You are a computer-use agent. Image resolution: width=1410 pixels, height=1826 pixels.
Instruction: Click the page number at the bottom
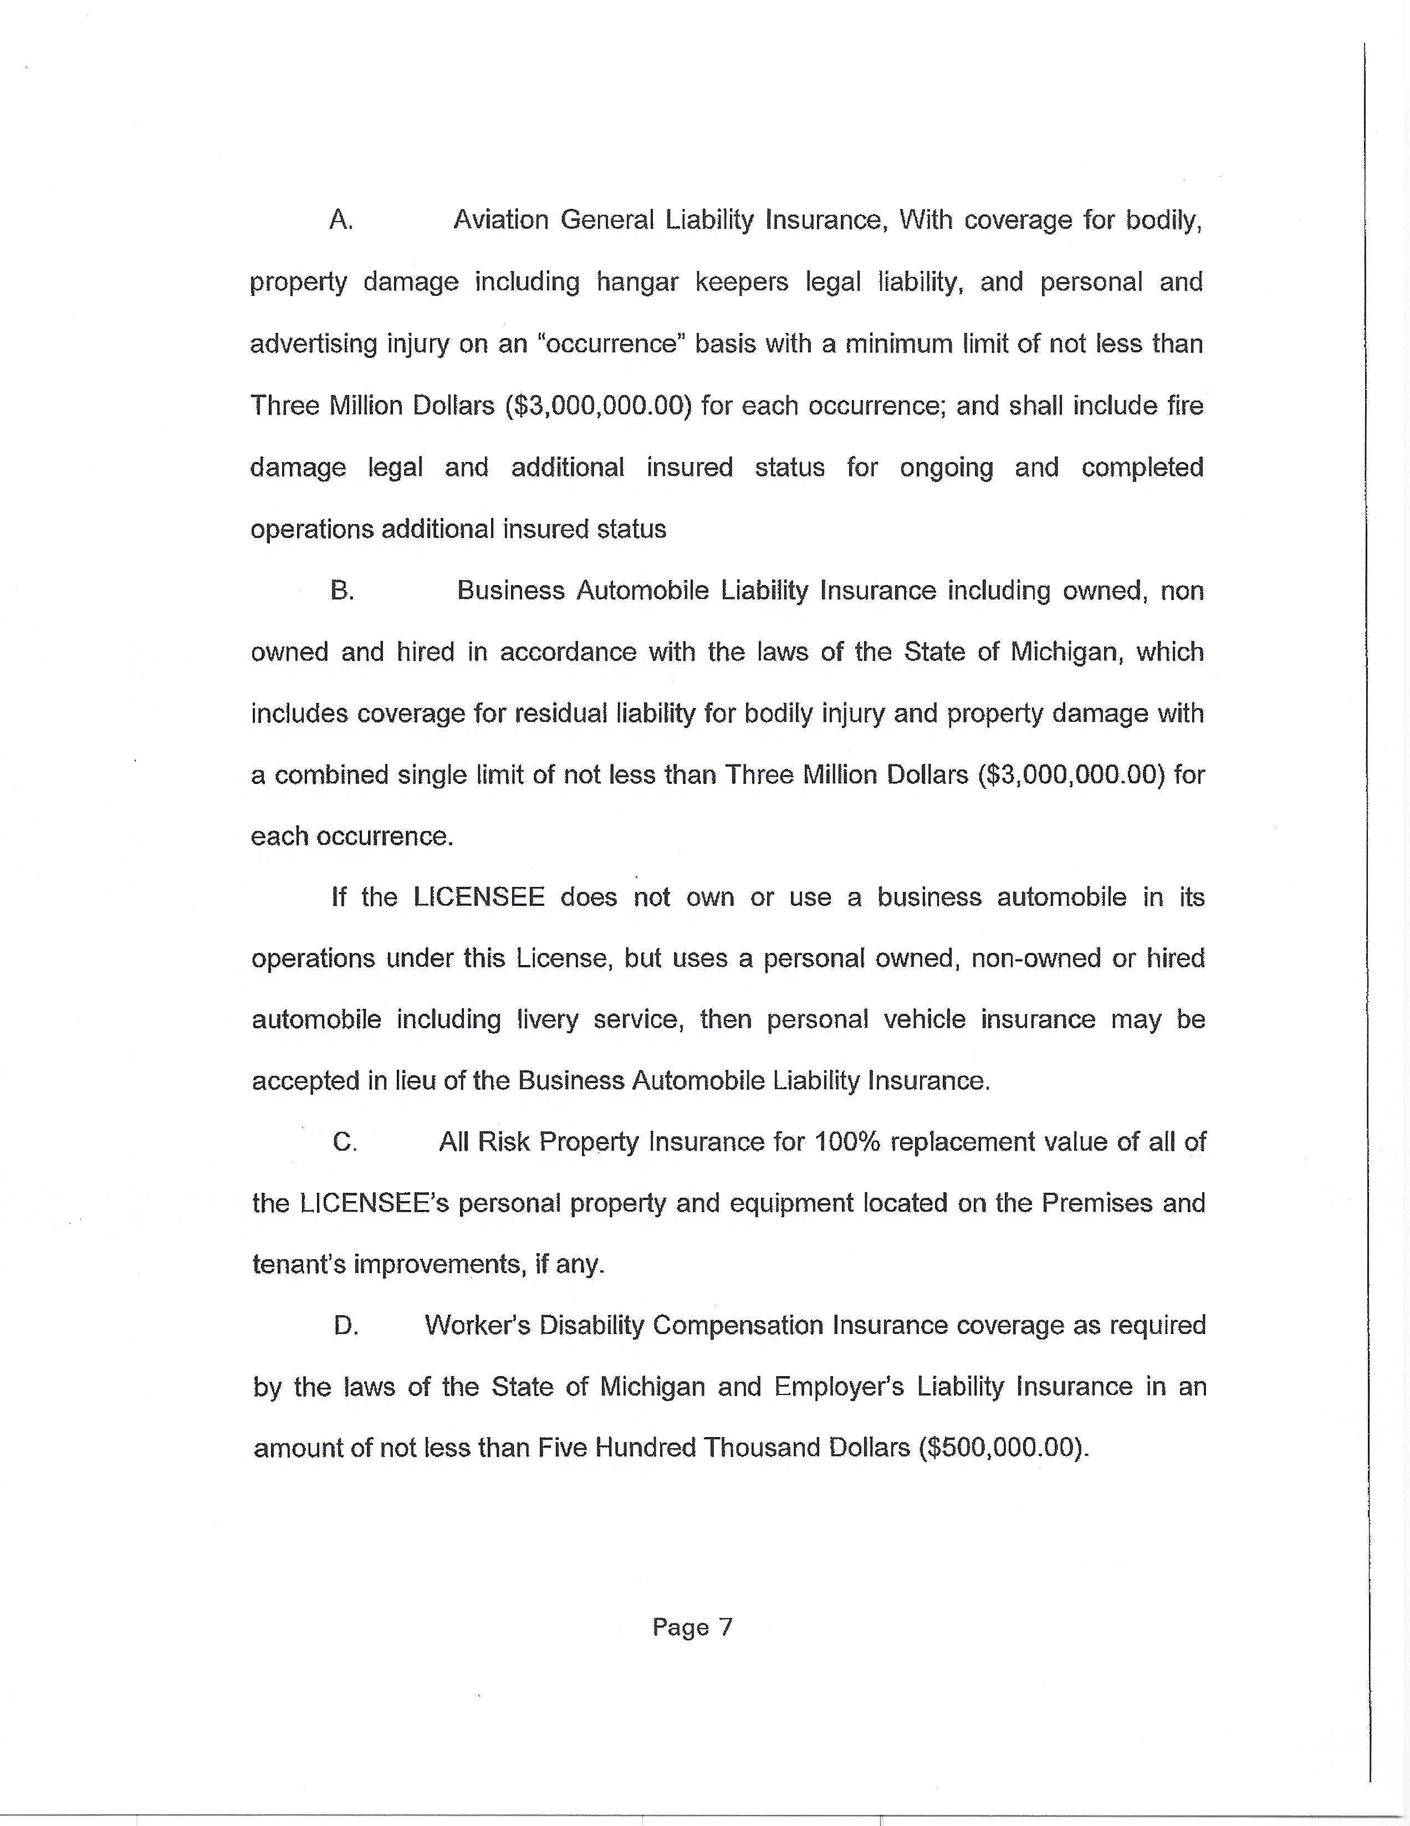coord(692,1627)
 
